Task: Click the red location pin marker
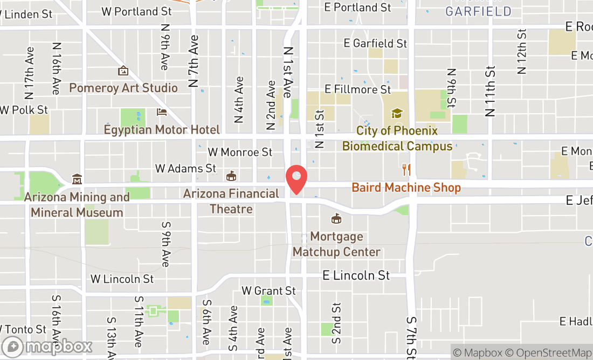(296, 180)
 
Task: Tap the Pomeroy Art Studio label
(123, 88)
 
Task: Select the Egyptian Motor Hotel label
(162, 130)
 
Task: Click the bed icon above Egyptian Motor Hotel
(162, 112)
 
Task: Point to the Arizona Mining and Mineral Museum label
(77, 205)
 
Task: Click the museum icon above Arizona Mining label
(77, 178)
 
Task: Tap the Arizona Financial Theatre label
(231, 201)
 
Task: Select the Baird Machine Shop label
(406, 188)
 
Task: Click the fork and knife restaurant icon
(406, 170)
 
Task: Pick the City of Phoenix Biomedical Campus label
(397, 139)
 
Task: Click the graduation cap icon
(397, 113)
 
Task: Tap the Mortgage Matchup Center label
(336, 244)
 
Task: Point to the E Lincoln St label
(356, 275)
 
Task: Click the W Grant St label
(268, 291)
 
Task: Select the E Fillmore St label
(357, 89)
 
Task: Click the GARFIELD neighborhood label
(479, 11)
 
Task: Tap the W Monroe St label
(240, 153)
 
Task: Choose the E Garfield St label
(376, 43)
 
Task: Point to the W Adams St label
(185, 169)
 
